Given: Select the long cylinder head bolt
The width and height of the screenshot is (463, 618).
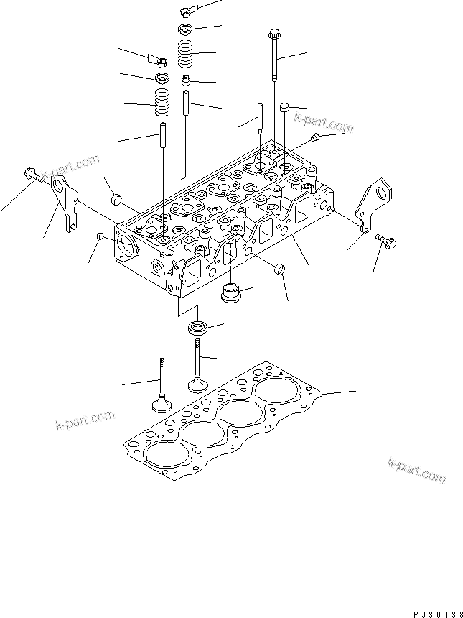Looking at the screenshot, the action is pyautogui.click(x=273, y=55).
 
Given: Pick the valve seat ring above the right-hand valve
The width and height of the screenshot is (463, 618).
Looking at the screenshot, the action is pyautogui.click(x=197, y=328).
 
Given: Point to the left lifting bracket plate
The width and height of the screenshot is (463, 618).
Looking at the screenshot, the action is pyautogui.click(x=65, y=203).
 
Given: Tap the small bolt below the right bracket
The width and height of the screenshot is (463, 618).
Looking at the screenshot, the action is pyautogui.click(x=387, y=241).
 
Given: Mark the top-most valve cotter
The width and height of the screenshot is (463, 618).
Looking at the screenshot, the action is pyautogui.click(x=185, y=11).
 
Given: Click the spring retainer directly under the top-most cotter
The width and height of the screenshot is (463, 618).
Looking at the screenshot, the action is pyautogui.click(x=186, y=29).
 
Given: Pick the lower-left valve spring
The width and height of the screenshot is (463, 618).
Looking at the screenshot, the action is pyautogui.click(x=162, y=103).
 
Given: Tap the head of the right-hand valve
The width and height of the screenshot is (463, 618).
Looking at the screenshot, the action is pyautogui.click(x=197, y=384).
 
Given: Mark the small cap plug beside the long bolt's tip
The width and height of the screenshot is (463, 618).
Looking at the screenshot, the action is pyautogui.click(x=285, y=107).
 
